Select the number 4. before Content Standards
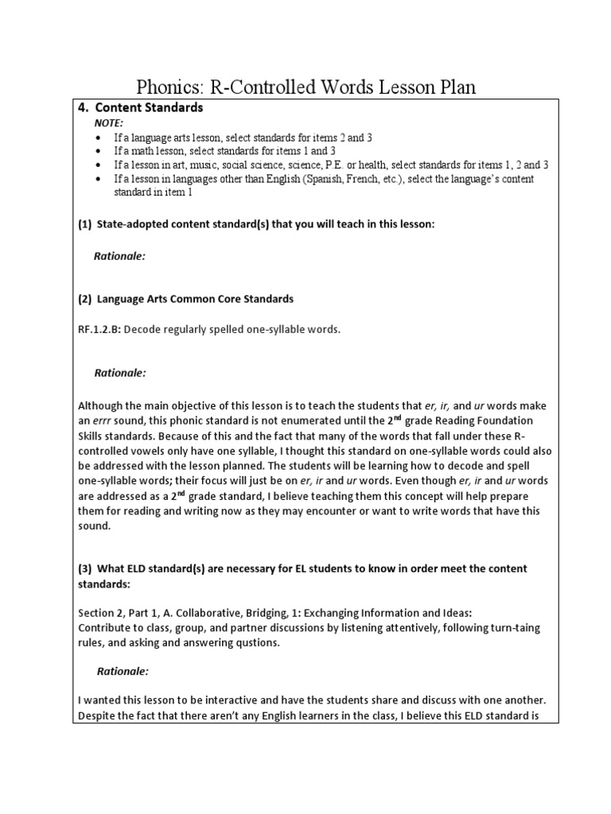(x=83, y=107)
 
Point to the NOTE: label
(x=109, y=123)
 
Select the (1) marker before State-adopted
(x=85, y=225)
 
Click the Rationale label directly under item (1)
(x=120, y=256)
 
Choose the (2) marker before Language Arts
(x=85, y=299)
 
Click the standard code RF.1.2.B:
(x=99, y=329)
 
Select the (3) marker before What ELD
(x=85, y=569)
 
